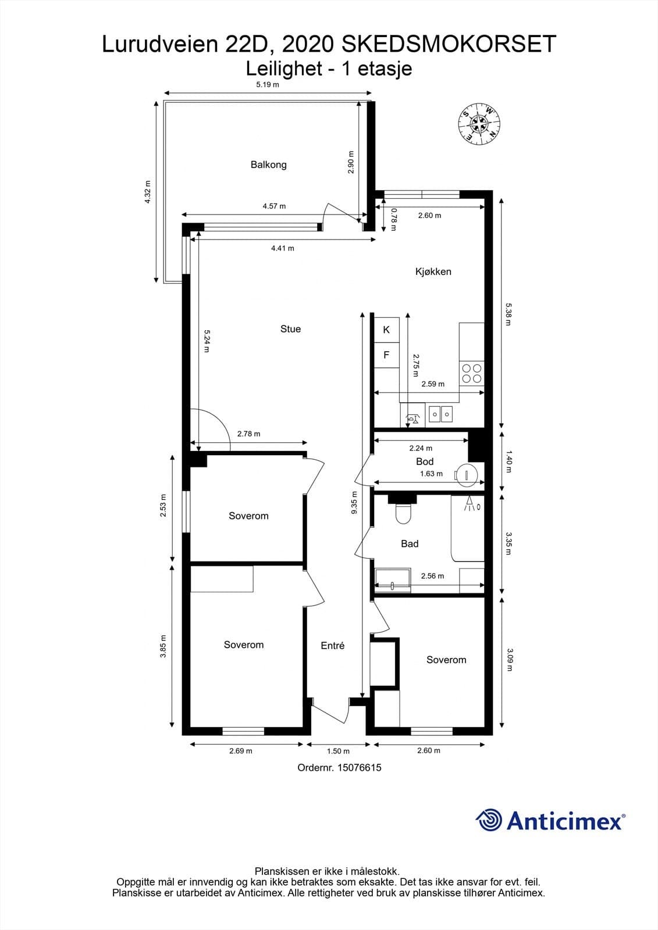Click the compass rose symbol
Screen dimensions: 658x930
tap(479, 123)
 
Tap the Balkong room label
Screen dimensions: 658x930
tap(269, 164)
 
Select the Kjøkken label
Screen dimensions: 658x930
tap(433, 271)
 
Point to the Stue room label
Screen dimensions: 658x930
tap(290, 329)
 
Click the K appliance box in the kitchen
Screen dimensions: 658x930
tap(386, 330)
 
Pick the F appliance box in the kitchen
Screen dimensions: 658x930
tap(386, 355)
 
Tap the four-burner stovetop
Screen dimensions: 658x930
tap(472, 373)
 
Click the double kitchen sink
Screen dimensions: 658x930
tap(440, 413)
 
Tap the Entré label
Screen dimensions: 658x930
tap(333, 646)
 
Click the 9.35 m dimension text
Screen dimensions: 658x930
tap(354, 503)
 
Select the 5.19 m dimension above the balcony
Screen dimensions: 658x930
tap(267, 85)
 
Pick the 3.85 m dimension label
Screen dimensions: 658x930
tap(163, 646)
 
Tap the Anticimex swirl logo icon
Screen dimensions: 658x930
tap(489, 820)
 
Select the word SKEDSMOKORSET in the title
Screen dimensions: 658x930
tap(449, 44)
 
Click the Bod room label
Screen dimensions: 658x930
tap(425, 462)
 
